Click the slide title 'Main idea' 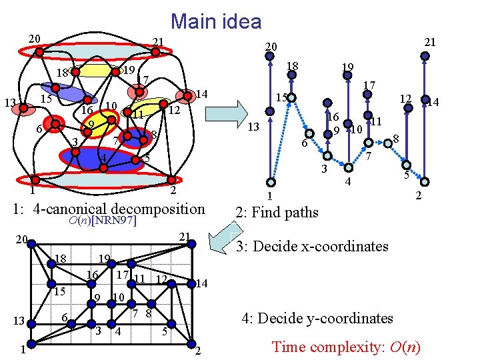pyautogui.click(x=216, y=21)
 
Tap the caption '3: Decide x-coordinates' pyautogui.click(x=312, y=246)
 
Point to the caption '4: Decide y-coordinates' pyautogui.click(x=317, y=319)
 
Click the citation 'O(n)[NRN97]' pyautogui.click(x=103, y=221)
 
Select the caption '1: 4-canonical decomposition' pyautogui.click(x=109, y=209)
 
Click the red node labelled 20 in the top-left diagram pyautogui.click(x=39, y=49)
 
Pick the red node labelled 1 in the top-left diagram pyautogui.click(x=31, y=179)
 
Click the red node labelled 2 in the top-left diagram pyautogui.click(x=171, y=179)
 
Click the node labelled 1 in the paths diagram pyautogui.click(x=270, y=183)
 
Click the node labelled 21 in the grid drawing pyautogui.click(x=191, y=244)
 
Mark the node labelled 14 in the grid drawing pyautogui.click(x=192, y=283)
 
